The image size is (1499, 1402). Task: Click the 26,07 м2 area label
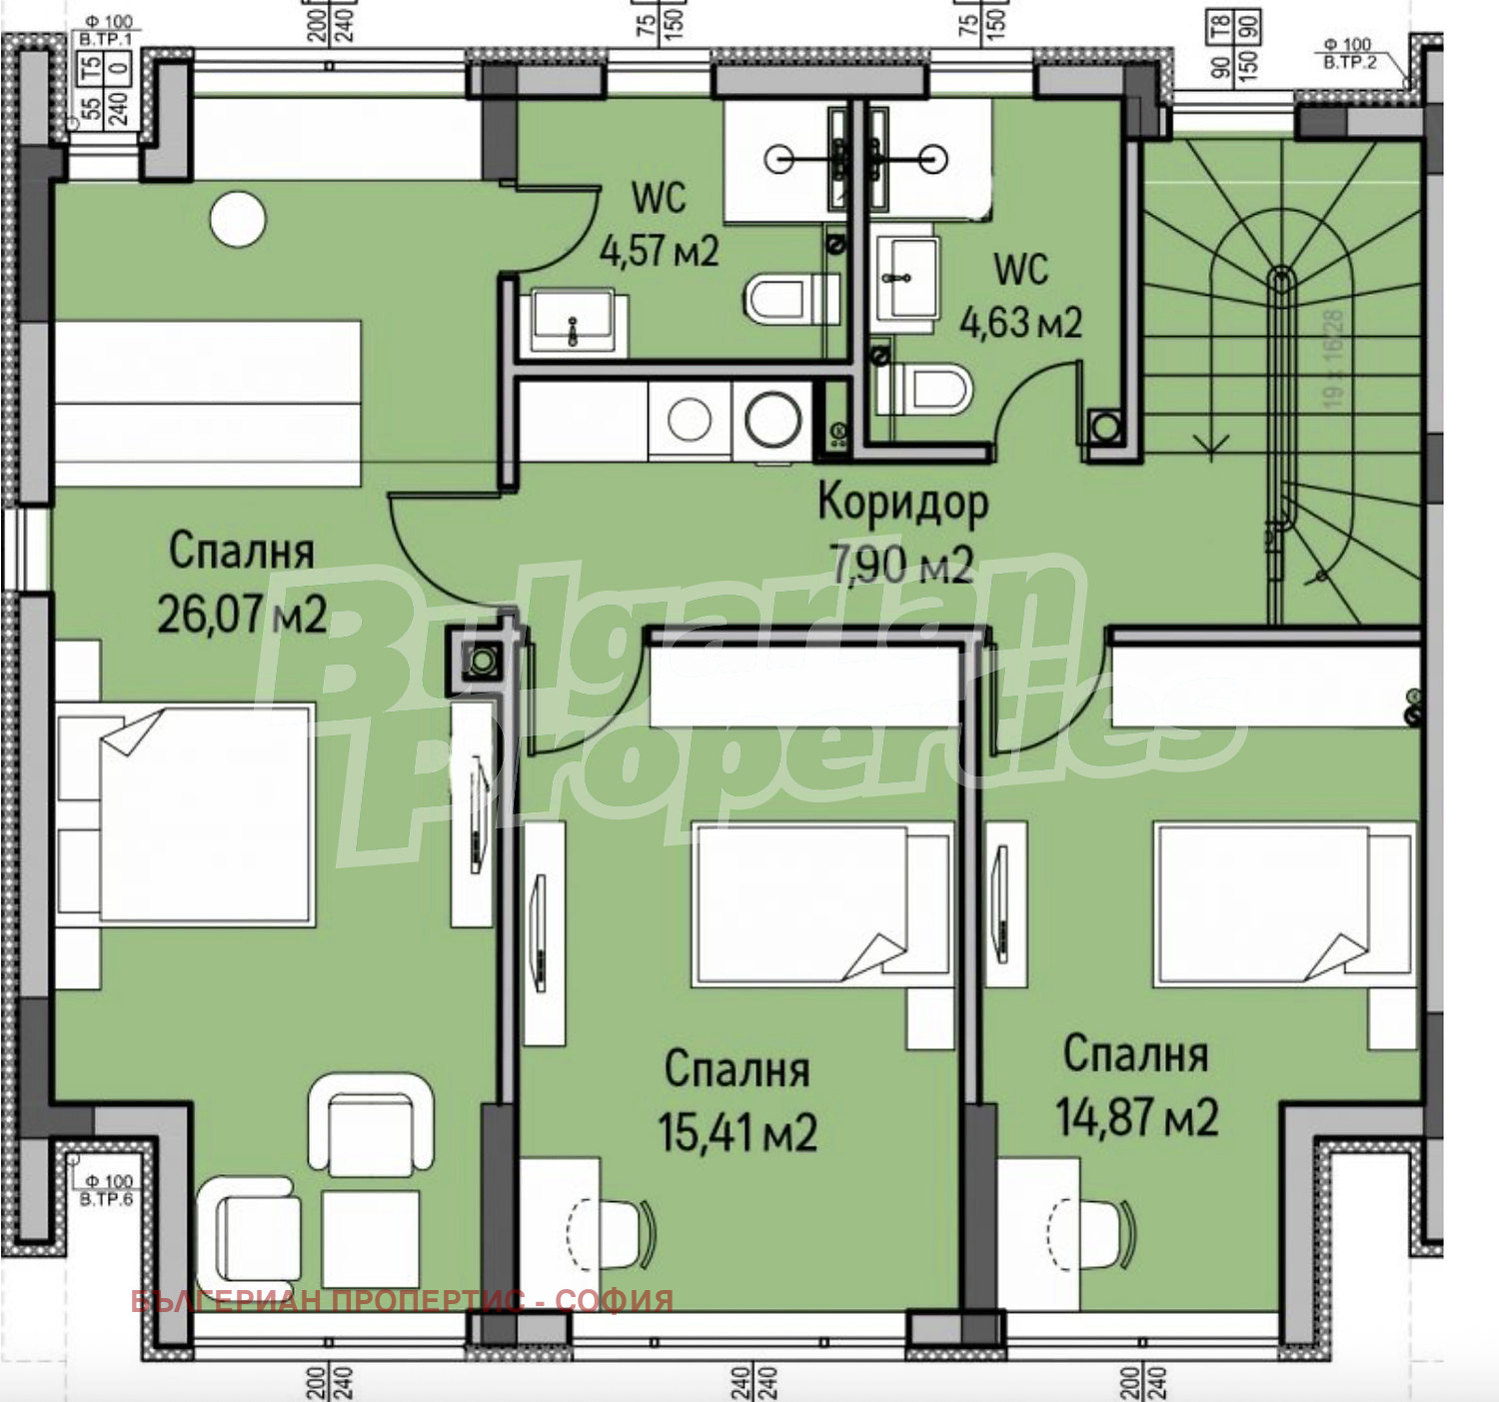coord(242,614)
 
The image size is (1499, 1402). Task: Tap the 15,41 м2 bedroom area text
coord(738,1132)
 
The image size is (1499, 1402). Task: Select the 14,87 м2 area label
coord(1137,1116)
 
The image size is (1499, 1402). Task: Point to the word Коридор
coord(902,503)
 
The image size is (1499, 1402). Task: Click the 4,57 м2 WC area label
coord(659,250)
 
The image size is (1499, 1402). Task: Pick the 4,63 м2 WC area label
coord(1020,322)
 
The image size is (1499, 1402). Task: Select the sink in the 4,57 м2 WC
coord(572,320)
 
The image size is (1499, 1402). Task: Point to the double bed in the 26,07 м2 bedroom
coord(186,814)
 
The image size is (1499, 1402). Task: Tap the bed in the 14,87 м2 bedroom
coord(1284,902)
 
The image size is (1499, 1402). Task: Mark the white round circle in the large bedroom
coord(238,220)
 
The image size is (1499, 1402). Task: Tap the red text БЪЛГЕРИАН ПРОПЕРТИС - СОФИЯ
coord(402,1300)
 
